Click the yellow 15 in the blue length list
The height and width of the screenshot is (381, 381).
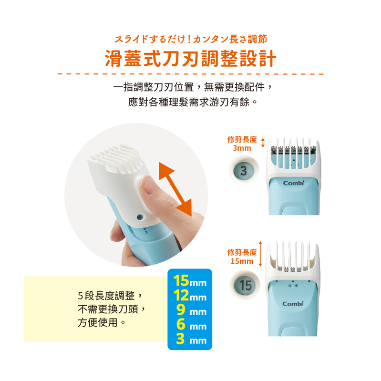(181, 281)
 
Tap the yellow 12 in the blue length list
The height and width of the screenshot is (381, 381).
(181, 295)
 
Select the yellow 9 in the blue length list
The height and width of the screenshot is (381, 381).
(181, 310)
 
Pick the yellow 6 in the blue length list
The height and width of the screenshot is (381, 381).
(181, 324)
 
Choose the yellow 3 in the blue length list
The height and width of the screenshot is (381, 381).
(181, 339)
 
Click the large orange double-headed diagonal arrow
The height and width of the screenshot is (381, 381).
(175, 189)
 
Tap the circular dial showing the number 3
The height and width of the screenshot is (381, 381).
(244, 170)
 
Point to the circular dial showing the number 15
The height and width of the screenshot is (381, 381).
(245, 285)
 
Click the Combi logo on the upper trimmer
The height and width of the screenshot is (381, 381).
(294, 183)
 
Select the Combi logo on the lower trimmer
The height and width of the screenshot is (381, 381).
(293, 303)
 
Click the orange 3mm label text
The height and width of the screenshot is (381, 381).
(242, 148)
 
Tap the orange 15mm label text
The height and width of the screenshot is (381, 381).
(242, 261)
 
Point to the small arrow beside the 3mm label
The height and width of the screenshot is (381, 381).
(263, 143)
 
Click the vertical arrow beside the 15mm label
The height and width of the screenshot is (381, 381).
(260, 254)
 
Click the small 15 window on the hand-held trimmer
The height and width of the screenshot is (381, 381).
(139, 217)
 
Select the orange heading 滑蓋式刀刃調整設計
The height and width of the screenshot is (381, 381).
(191, 59)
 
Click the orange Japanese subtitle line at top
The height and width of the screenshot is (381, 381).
(191, 39)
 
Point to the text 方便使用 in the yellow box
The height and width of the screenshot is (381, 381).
(98, 322)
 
